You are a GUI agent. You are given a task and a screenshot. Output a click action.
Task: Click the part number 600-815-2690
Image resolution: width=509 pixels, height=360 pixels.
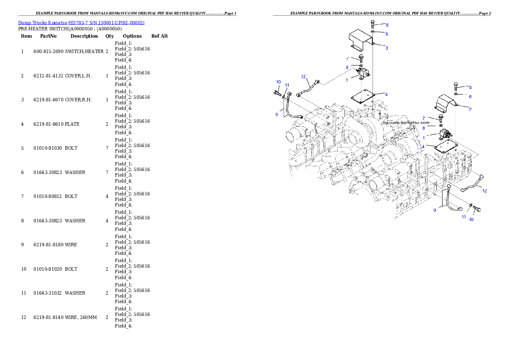click(48, 51)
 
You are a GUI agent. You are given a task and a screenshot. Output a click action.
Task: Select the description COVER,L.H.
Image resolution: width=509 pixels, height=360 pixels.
click(78, 76)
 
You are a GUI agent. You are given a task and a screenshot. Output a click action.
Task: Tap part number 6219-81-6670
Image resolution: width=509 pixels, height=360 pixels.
click(48, 100)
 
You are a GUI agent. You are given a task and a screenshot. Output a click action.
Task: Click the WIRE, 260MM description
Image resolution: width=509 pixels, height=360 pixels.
click(81, 317)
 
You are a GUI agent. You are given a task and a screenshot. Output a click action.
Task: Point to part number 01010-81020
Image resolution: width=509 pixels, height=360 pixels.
click(48, 269)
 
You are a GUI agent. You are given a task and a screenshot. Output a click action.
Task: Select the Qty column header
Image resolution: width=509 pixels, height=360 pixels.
click(109, 36)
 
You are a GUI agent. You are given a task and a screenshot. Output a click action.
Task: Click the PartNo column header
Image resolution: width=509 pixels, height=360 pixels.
click(48, 36)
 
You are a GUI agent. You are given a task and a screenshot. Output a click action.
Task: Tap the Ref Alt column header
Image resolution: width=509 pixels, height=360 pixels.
click(160, 36)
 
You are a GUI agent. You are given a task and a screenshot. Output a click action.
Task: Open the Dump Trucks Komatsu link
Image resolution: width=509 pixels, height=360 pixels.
click(42, 23)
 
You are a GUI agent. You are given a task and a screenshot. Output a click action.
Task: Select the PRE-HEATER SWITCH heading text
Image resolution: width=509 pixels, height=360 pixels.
click(43, 29)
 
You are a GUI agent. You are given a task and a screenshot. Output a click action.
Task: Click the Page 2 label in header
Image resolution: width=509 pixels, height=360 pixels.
click(485, 13)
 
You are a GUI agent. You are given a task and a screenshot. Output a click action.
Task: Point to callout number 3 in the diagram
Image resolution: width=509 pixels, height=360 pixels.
click(387, 48)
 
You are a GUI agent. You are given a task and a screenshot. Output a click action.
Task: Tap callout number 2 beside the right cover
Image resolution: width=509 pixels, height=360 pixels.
click(470, 109)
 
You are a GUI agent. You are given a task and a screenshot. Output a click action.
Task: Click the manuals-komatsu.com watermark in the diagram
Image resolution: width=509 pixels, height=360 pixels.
click(406, 123)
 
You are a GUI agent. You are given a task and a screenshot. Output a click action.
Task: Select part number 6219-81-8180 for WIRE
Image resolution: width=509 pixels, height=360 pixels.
click(48, 245)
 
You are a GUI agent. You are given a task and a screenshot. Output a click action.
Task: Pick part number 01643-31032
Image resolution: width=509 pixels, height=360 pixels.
click(48, 293)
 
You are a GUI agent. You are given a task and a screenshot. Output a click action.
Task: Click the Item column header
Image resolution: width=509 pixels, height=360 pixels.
click(26, 36)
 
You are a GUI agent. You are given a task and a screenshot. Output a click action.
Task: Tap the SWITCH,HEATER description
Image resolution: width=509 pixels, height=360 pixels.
click(84, 51)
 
